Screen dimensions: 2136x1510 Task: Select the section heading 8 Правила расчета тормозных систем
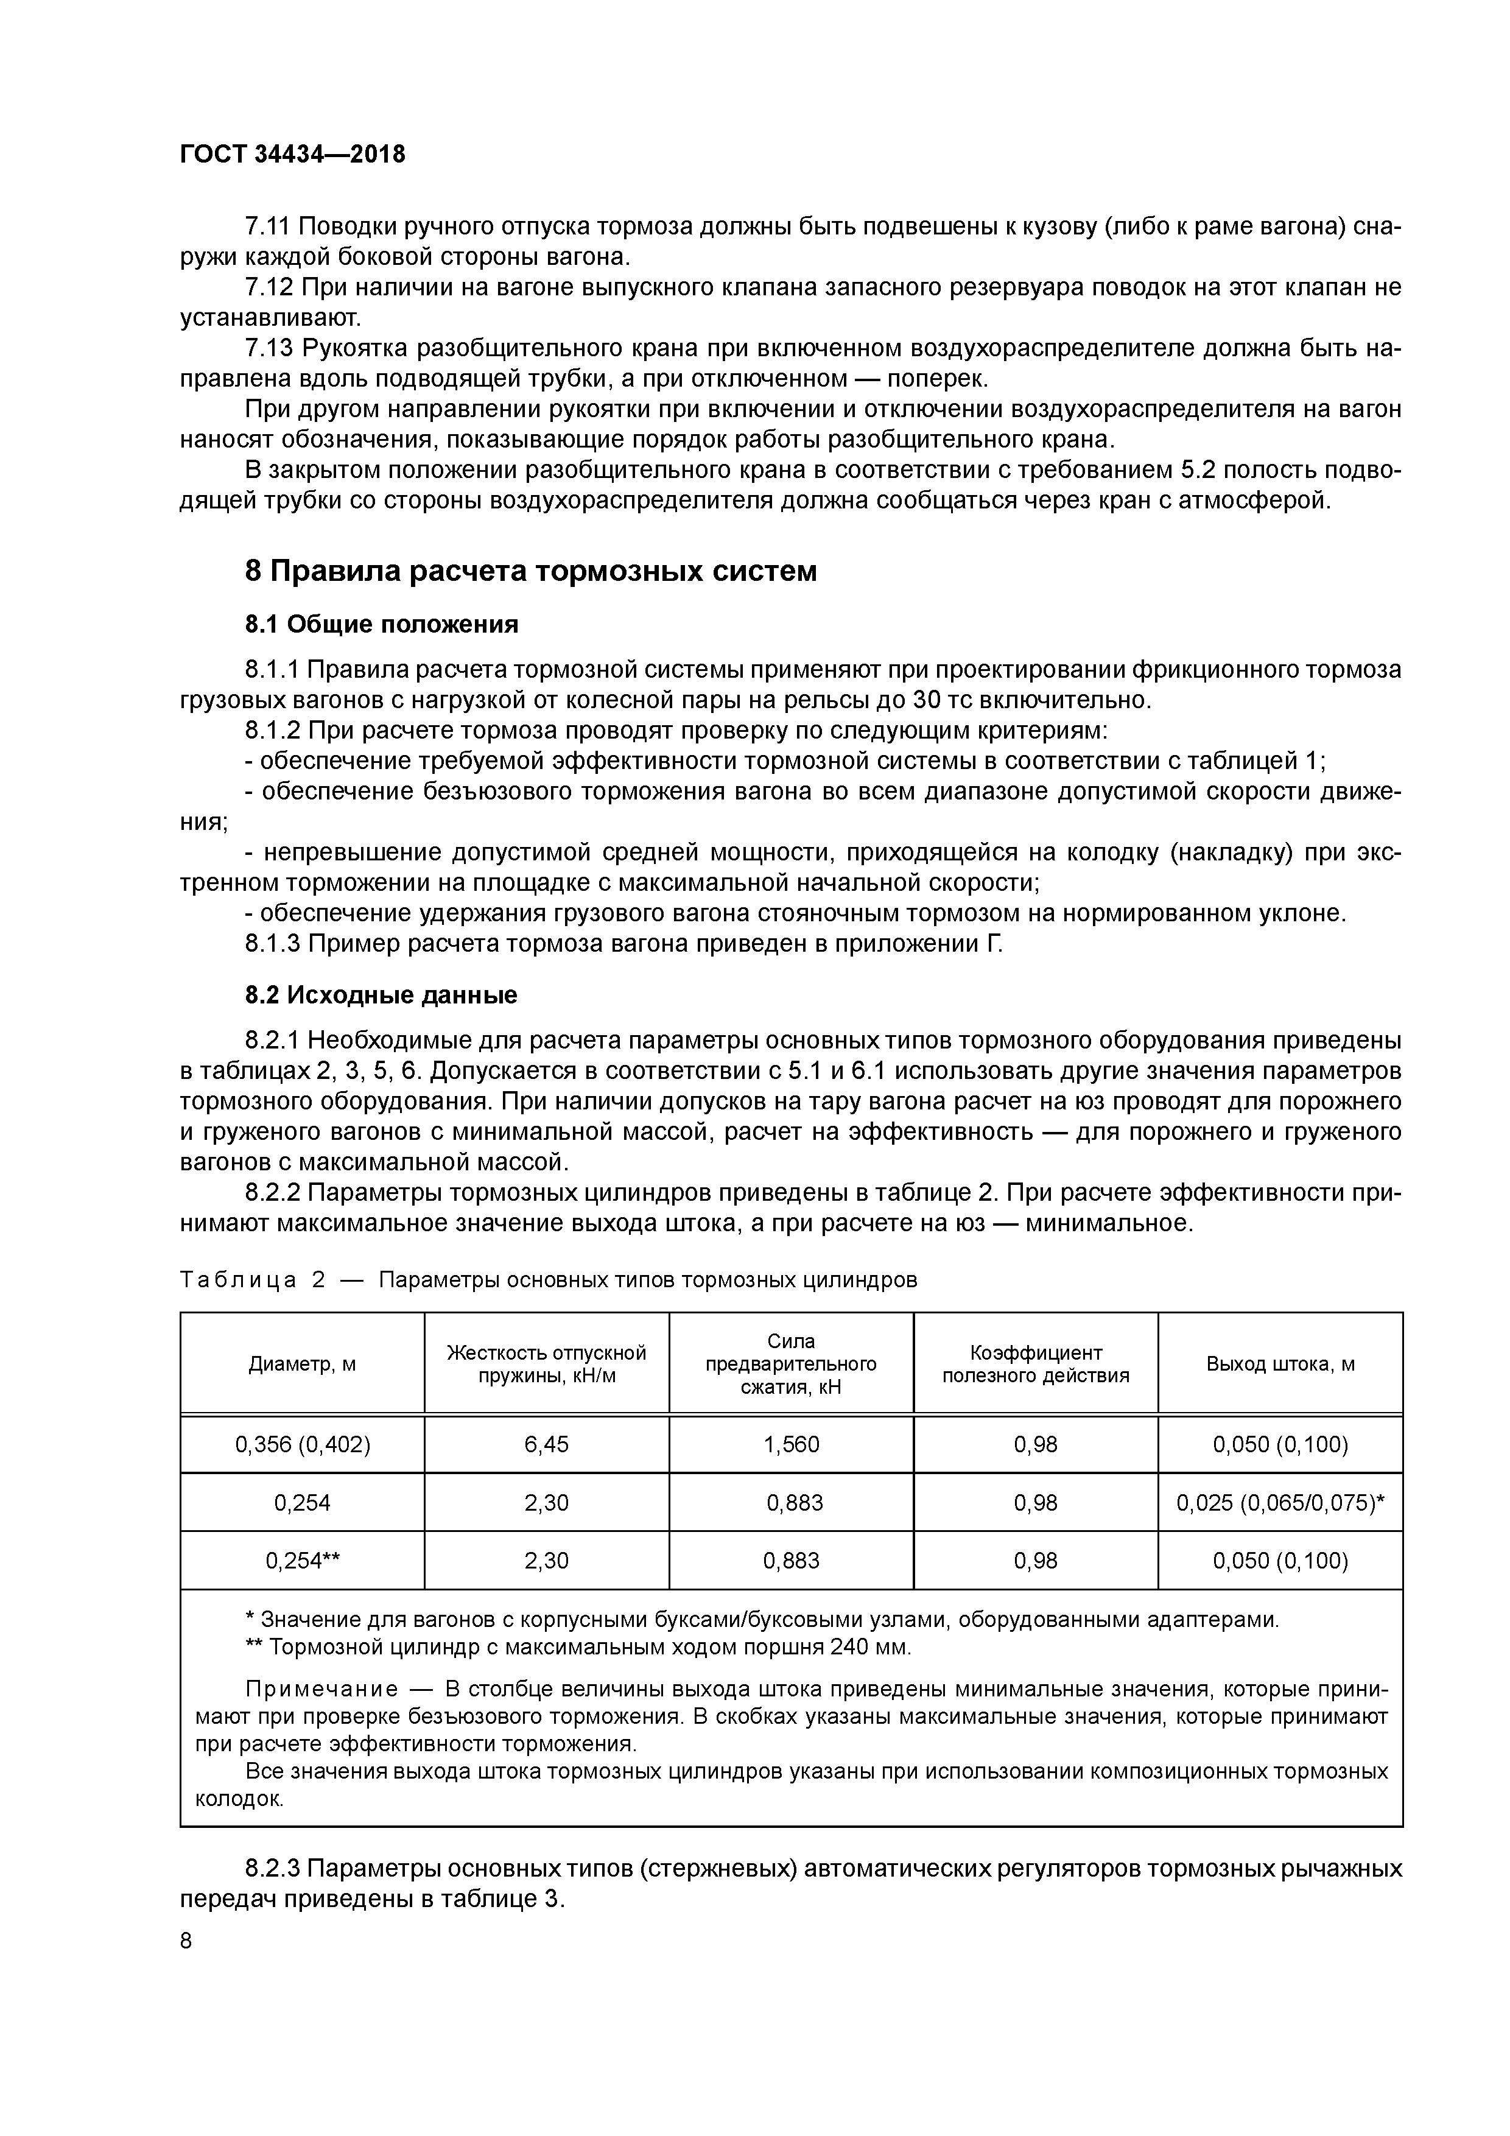[530, 571]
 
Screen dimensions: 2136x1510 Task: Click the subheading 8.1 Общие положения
[381, 624]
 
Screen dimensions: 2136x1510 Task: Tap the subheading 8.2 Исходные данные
[381, 996]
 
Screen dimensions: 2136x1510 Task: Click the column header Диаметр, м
[303, 1364]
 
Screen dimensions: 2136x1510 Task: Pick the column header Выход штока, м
[1280, 1364]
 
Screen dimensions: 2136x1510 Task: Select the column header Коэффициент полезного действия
[1036, 1364]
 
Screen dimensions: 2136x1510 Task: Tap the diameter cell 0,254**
[303, 1560]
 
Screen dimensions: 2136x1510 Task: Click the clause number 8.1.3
[273, 943]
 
